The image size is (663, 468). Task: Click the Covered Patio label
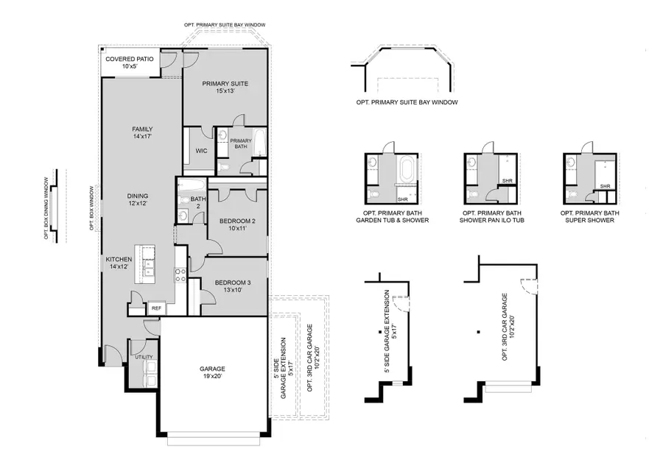click(x=129, y=63)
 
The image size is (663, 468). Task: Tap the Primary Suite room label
click(x=225, y=88)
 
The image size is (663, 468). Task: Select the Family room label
click(x=142, y=133)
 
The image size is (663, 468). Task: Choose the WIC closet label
click(x=200, y=152)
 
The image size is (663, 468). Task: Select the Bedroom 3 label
click(x=233, y=287)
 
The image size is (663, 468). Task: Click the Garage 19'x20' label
click(x=211, y=372)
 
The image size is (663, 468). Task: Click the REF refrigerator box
click(x=155, y=309)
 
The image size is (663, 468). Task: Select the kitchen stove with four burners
click(x=179, y=275)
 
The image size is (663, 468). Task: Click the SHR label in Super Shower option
click(x=605, y=187)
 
